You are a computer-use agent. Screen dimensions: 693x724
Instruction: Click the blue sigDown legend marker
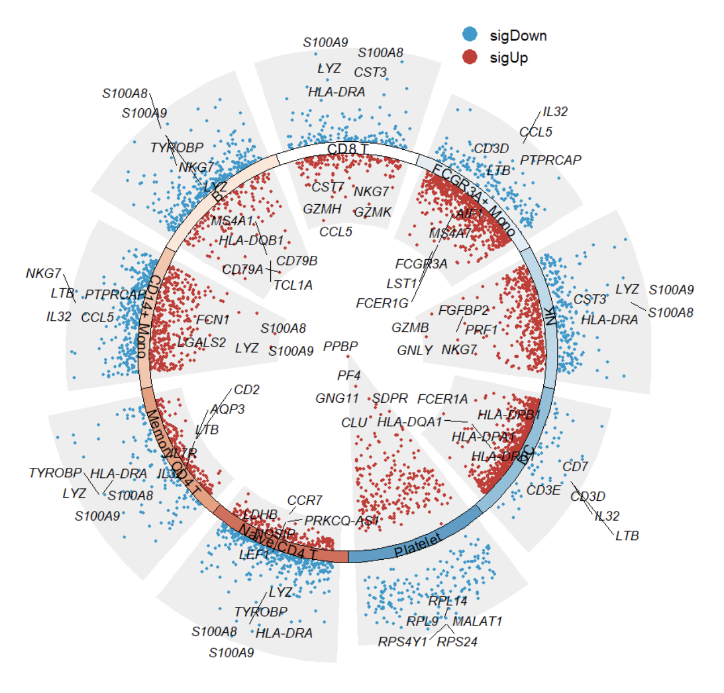(470, 35)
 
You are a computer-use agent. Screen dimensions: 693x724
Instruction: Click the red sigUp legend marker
(470, 57)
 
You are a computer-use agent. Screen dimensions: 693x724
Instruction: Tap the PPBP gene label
(340, 346)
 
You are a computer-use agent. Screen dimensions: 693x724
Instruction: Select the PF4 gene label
(349, 375)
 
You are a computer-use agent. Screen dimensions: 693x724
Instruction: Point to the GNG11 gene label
(337, 399)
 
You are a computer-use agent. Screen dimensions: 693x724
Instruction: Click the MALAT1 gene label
(477, 622)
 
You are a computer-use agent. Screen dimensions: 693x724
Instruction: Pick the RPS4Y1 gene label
(402, 642)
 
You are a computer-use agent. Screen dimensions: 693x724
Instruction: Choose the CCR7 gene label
(305, 501)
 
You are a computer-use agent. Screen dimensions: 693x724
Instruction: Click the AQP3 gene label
(228, 409)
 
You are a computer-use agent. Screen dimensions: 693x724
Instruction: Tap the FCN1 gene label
(213, 320)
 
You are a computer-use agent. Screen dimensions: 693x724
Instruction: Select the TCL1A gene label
(293, 285)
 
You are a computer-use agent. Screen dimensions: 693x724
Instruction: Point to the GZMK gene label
(373, 212)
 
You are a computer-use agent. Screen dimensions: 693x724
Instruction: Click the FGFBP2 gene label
(463, 310)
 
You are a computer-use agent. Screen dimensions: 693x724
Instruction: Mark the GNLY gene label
(415, 350)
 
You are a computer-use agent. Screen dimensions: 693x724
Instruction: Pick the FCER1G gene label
(382, 303)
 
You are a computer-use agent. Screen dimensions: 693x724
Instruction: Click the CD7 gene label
(575, 467)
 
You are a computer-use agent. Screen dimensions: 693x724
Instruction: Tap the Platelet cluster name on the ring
(418, 546)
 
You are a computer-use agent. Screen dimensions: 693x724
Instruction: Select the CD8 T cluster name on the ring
(348, 149)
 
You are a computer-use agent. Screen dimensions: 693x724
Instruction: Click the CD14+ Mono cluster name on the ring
(147, 316)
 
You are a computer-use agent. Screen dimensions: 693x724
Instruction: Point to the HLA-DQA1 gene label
(410, 422)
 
